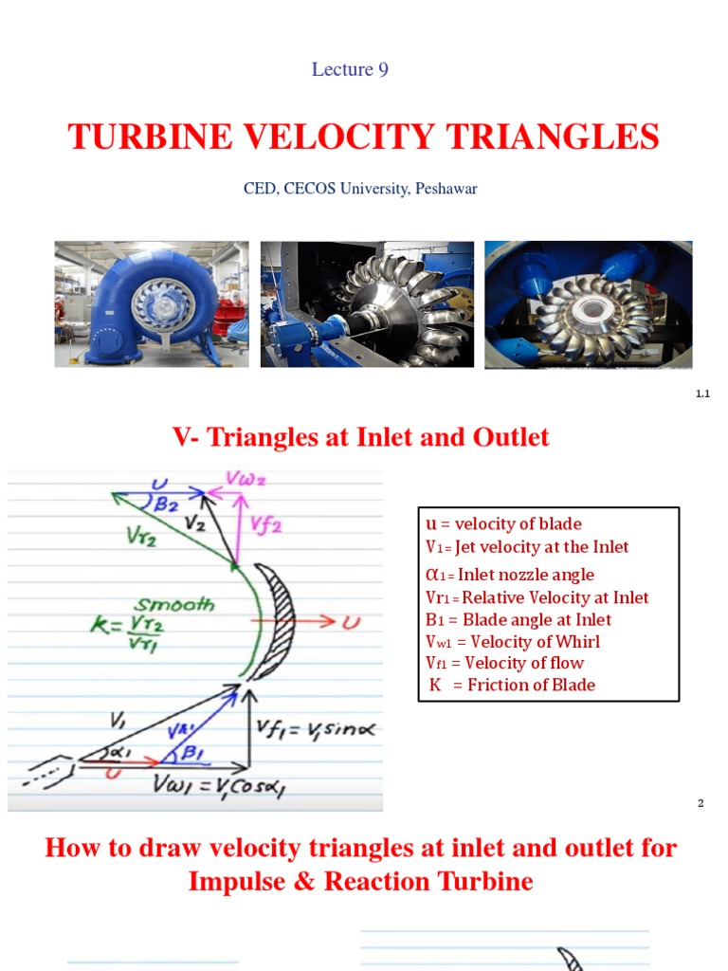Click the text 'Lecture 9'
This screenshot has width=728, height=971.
click(x=350, y=69)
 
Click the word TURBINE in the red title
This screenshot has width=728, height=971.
click(x=150, y=137)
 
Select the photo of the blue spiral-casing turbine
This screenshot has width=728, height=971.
click(x=152, y=303)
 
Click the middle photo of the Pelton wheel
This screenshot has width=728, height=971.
click(x=367, y=303)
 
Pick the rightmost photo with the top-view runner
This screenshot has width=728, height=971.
click(x=588, y=304)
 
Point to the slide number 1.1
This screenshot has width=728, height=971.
click(x=702, y=394)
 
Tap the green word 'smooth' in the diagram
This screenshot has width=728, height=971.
click(x=174, y=604)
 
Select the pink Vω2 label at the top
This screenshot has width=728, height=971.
click(x=245, y=479)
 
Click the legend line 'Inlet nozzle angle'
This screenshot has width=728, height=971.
click(x=511, y=574)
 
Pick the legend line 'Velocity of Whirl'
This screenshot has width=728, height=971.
click(x=513, y=641)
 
